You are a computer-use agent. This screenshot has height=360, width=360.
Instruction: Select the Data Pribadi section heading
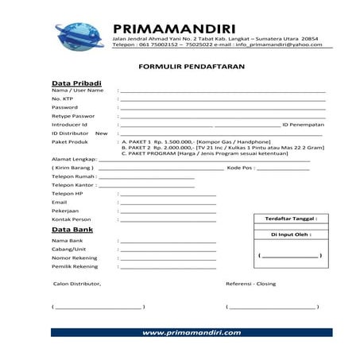coord(77,83)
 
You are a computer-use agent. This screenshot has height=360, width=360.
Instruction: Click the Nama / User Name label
coord(77,91)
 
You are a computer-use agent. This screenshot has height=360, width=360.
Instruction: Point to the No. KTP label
coord(63,99)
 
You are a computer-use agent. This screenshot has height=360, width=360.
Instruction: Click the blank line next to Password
coord(222,107)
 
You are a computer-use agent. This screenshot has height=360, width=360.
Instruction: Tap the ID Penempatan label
coord(304,125)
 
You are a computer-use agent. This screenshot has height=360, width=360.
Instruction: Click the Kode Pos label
coord(241,168)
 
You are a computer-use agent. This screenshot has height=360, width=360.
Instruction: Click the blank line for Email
coord(167,203)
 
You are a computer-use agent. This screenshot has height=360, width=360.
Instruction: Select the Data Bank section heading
coord(72,230)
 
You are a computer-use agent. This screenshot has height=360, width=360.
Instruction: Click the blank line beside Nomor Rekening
coord(167,257)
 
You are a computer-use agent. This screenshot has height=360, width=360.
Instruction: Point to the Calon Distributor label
coord(77,284)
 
